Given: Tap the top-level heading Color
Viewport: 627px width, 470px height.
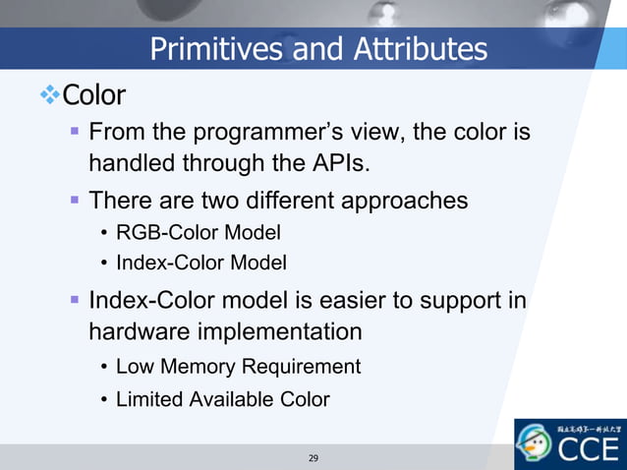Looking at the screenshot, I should pyautogui.click(x=94, y=96).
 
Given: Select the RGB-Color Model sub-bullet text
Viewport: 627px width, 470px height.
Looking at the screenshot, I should pyautogui.click(x=199, y=233).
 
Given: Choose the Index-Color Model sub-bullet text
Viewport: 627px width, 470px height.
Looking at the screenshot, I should pyautogui.click(x=201, y=263).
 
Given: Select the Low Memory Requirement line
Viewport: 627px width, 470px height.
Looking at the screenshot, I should pyautogui.click(x=238, y=367).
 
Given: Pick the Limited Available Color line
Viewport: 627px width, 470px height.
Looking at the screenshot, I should pyautogui.click(x=222, y=399).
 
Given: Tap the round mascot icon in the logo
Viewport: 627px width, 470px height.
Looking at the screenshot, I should pyautogui.click(x=536, y=445).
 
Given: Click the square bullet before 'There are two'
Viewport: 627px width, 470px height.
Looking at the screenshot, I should pyautogui.click(x=75, y=201).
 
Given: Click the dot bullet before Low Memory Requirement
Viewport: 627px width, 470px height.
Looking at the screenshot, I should pyautogui.click(x=103, y=368).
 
